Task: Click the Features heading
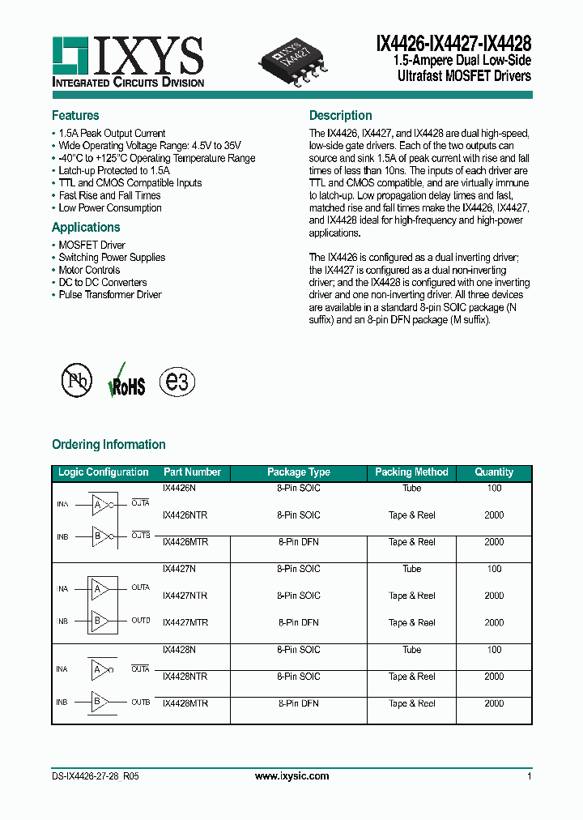pos(75,115)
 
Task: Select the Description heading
pos(340,115)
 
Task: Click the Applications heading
pos(86,227)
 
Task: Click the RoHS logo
pos(126,381)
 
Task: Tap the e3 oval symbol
pos(177,381)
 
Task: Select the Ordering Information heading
pos(109,444)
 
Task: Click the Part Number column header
pos(192,472)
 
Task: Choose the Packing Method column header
pos(411,472)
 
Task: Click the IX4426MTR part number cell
pos(185,542)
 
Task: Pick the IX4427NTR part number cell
pos(185,596)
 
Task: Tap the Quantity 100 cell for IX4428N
pos(494,650)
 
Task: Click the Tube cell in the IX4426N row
pos(411,489)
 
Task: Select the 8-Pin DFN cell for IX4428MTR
pos(298,703)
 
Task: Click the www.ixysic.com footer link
pos(291,776)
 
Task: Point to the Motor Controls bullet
pos(89,270)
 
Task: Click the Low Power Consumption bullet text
pos(110,208)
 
